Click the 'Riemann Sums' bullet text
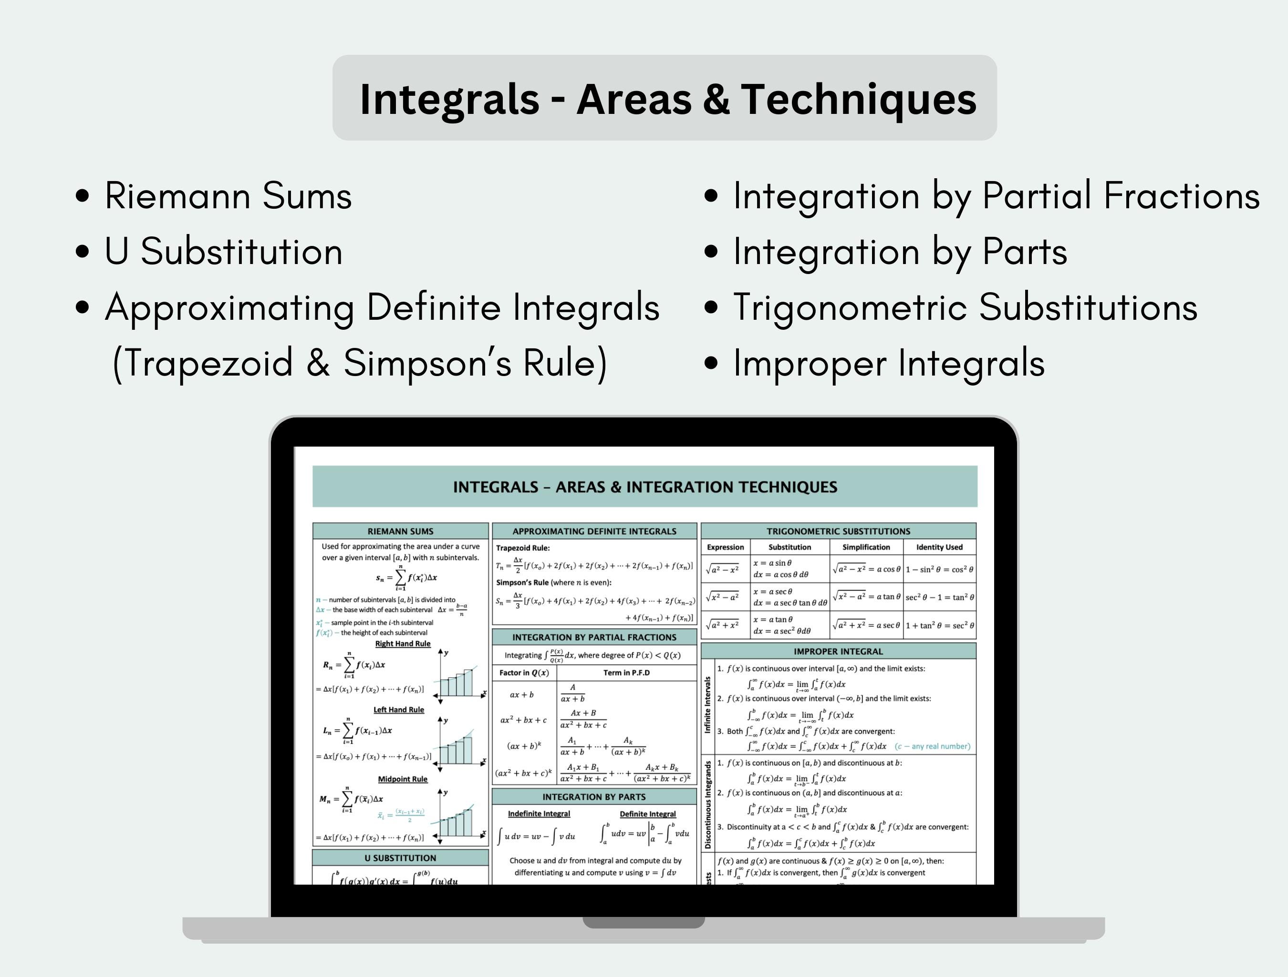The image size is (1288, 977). click(228, 195)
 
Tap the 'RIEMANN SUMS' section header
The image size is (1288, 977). click(400, 531)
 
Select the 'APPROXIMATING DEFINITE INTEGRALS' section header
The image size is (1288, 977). click(594, 531)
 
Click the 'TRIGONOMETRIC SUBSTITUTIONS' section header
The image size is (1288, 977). click(838, 531)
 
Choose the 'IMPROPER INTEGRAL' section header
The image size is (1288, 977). click(838, 651)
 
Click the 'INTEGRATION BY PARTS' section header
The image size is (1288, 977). click(594, 797)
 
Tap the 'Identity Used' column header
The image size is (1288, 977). click(939, 547)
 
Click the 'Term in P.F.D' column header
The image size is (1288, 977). click(626, 672)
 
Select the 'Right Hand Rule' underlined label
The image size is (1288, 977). click(402, 643)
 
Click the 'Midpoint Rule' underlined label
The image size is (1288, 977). click(402, 779)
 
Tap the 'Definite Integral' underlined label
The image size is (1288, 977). click(647, 814)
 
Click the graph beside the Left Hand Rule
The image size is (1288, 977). click(460, 745)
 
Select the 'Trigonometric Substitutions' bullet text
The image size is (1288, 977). click(965, 307)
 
